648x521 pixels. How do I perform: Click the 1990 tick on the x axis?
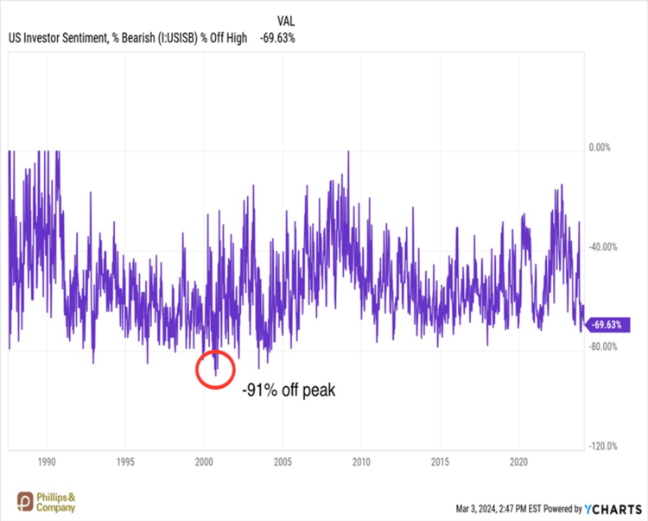point(47,460)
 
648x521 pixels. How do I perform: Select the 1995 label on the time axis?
point(125,460)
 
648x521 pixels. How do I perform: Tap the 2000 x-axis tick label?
point(204,460)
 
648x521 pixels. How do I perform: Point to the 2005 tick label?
point(283,460)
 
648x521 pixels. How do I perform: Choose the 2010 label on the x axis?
point(362,460)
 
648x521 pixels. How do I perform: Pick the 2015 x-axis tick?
point(441,460)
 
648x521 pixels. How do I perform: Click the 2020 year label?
point(519,460)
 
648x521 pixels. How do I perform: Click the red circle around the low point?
point(214,368)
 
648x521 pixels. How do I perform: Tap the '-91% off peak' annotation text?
point(288,390)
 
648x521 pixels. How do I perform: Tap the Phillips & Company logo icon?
point(25,500)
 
